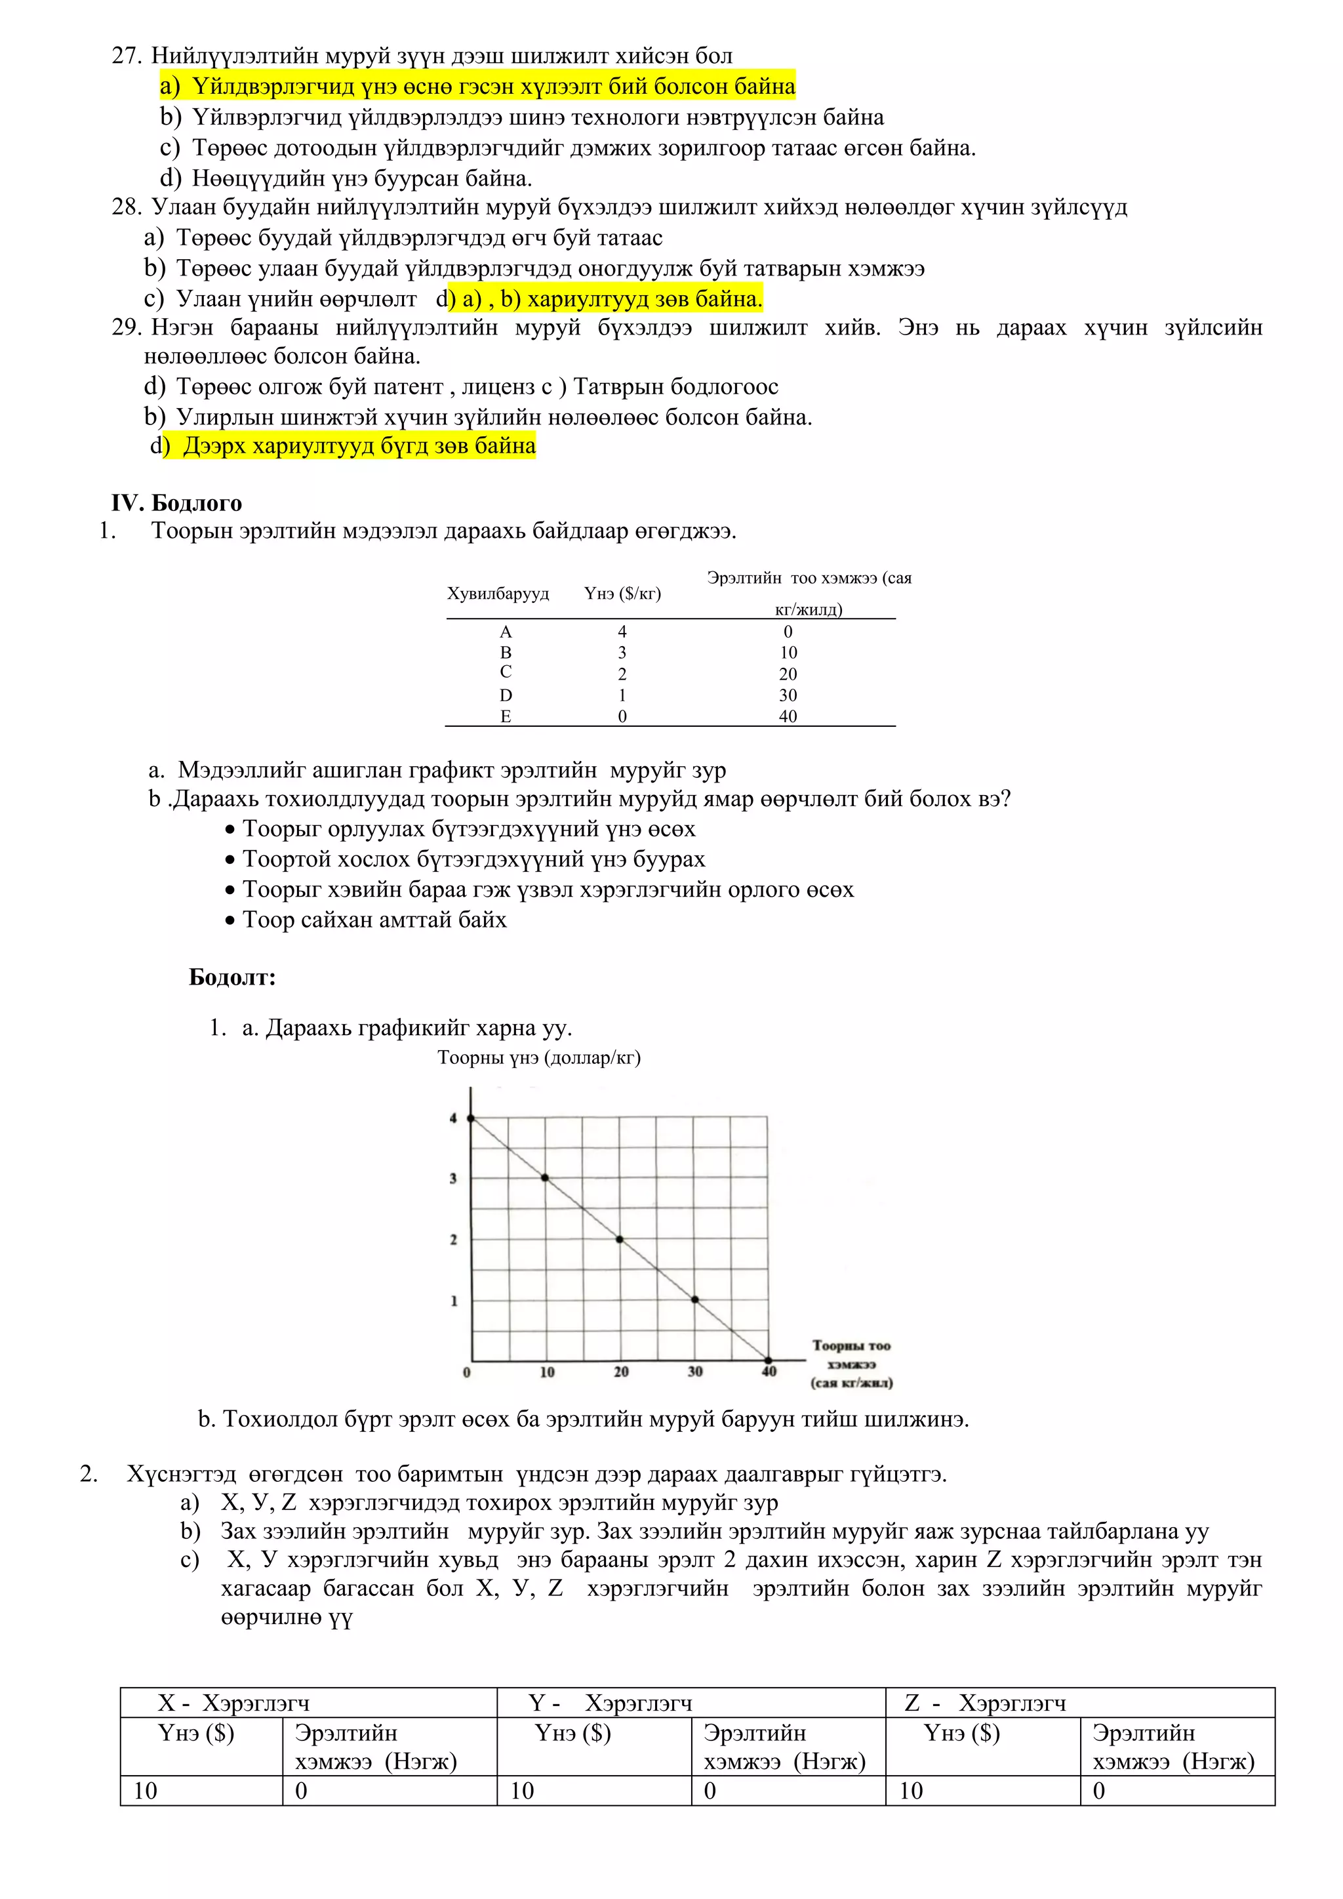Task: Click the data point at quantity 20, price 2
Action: coord(620,1239)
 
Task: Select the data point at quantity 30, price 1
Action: coord(694,1300)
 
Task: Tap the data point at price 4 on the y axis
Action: coord(471,1118)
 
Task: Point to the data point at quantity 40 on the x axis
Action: coord(769,1360)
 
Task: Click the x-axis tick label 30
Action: coord(694,1372)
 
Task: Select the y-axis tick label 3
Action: coord(453,1179)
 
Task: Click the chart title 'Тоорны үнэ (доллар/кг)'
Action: coord(539,1058)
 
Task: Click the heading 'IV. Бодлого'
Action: coord(177,503)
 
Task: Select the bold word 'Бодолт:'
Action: coord(232,977)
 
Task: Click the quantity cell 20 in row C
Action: coord(788,674)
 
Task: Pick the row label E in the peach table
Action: coord(506,716)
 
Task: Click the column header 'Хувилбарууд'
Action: coord(498,593)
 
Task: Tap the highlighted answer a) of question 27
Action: coord(478,86)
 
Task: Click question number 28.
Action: coord(127,207)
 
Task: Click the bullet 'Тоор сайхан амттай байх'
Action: coord(374,920)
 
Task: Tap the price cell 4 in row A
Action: coord(622,632)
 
